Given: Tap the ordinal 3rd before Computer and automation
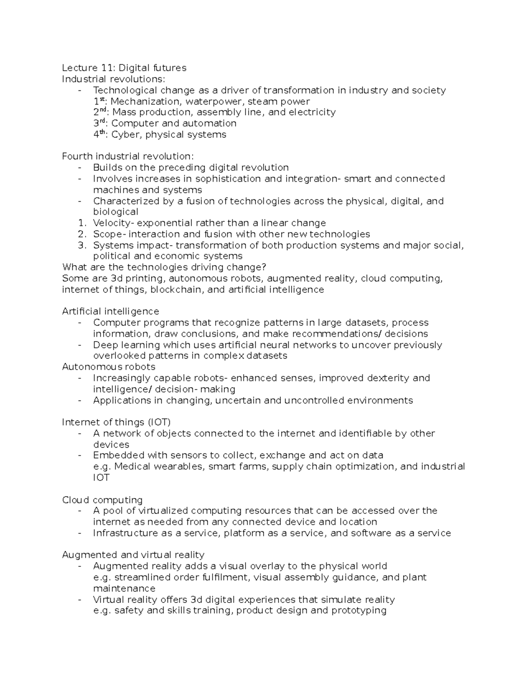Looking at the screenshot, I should (x=99, y=123).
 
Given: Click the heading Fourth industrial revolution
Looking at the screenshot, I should (x=128, y=157).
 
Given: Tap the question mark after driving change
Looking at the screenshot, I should (x=264, y=267).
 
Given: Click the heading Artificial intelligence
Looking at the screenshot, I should (x=111, y=312).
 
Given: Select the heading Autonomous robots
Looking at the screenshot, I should (x=108, y=367).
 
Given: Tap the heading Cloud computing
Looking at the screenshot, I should (x=102, y=500).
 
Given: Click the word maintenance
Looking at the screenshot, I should (x=124, y=588).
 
